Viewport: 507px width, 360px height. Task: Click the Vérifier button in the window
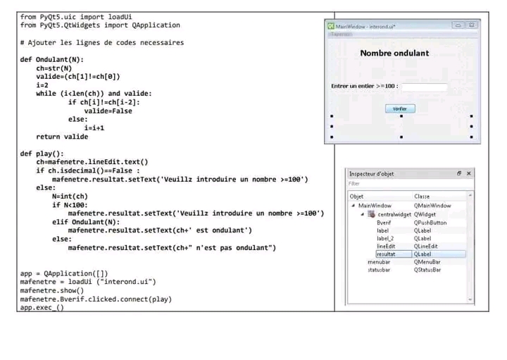click(x=400, y=109)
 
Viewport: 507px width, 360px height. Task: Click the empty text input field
click(x=424, y=87)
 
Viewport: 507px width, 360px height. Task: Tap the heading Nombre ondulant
click(x=394, y=54)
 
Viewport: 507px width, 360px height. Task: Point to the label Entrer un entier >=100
click(x=364, y=87)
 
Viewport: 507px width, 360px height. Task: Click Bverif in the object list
click(x=384, y=223)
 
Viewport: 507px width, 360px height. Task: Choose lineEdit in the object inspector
click(x=387, y=246)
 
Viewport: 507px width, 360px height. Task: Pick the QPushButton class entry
click(x=430, y=223)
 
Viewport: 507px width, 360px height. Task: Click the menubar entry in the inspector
click(x=379, y=261)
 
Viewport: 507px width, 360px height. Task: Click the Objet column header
click(x=357, y=197)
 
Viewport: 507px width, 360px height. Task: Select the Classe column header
click(x=422, y=197)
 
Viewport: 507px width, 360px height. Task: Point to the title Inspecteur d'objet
click(x=371, y=174)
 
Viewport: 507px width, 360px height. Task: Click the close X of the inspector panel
click(x=469, y=173)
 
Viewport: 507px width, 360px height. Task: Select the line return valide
click(x=62, y=137)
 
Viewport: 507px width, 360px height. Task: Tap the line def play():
click(x=42, y=154)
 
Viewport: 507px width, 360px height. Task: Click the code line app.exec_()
click(x=42, y=308)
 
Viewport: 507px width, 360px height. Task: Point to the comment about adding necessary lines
click(x=102, y=42)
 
